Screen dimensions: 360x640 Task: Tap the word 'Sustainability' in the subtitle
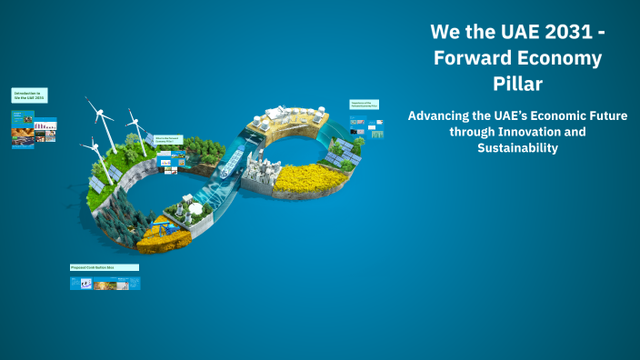[516, 147]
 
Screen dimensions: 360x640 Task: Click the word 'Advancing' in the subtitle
[442, 116]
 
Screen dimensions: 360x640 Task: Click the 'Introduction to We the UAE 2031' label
[29, 95]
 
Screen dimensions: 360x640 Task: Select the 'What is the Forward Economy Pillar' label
[168, 140]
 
